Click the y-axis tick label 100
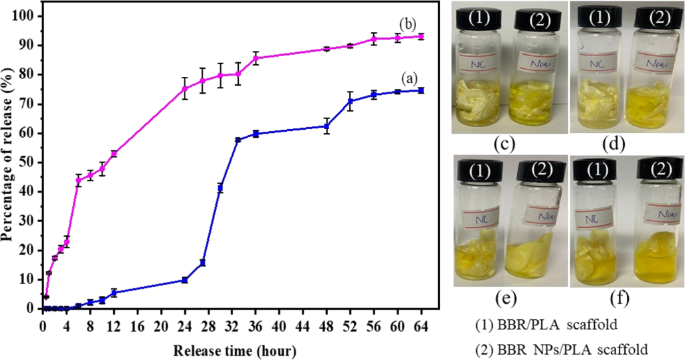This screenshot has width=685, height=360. pyautogui.click(x=27, y=16)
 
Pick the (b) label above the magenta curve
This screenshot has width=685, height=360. pyautogui.click(x=407, y=24)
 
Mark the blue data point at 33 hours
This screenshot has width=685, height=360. pyautogui.click(x=237, y=140)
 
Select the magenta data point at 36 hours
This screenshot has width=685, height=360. pyautogui.click(x=256, y=58)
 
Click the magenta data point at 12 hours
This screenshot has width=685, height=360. pyautogui.click(x=114, y=153)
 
